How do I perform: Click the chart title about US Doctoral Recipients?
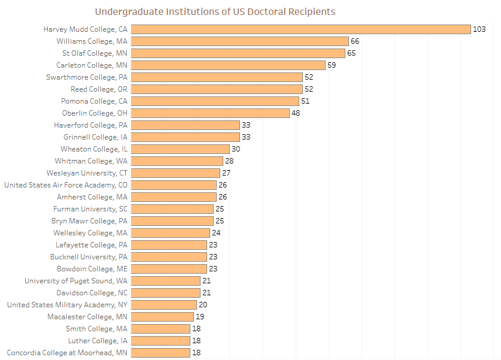(215, 11)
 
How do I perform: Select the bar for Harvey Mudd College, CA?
(300, 29)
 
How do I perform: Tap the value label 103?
(479, 29)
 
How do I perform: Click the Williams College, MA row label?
(92, 41)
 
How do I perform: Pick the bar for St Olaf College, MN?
(238, 53)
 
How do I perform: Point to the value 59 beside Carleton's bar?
(332, 65)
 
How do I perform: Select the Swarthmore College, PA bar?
(217, 77)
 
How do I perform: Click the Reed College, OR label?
(99, 89)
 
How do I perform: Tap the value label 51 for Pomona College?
(305, 101)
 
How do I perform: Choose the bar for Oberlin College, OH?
(210, 113)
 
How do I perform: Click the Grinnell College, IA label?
(95, 137)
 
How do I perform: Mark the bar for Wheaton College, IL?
(180, 149)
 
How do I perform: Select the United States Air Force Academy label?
(66, 185)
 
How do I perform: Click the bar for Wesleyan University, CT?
(175, 173)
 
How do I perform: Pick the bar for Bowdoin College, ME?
(169, 269)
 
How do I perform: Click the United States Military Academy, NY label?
(67, 305)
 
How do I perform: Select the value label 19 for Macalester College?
(200, 317)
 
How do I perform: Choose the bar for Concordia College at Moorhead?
(160, 353)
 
